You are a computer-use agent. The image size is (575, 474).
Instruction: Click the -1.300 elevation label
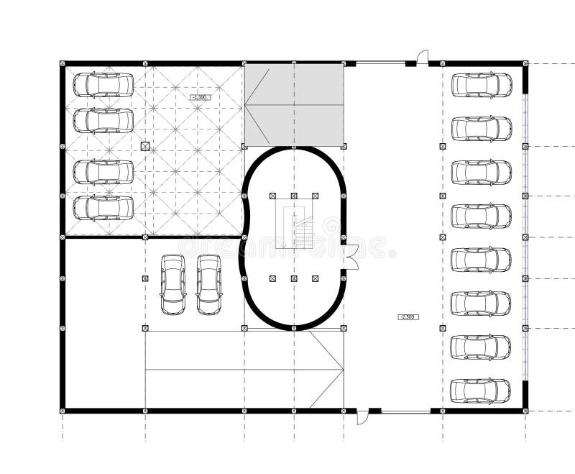[x=200, y=97]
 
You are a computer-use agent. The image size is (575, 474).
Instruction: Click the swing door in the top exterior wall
[x=423, y=58]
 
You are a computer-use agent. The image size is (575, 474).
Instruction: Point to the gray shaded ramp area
[x=294, y=105]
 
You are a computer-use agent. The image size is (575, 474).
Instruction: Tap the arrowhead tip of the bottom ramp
[x=341, y=370]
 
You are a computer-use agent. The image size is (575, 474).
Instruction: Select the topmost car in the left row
[x=103, y=85]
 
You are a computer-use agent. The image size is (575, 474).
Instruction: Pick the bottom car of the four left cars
[x=103, y=208]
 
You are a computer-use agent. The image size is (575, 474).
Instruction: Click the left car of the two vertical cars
[x=172, y=284]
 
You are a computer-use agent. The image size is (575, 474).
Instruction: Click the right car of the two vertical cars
[x=209, y=284]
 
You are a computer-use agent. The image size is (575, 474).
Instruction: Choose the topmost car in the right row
[x=482, y=85]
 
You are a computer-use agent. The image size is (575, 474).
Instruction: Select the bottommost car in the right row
[x=481, y=391]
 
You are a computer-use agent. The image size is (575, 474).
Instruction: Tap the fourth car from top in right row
[x=482, y=216]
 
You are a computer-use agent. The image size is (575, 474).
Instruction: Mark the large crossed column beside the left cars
[x=145, y=146]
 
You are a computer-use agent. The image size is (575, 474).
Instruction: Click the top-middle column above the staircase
[x=294, y=196]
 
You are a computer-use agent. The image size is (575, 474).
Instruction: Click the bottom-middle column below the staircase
[x=294, y=278]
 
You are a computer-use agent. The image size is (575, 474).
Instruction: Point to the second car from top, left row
[x=103, y=121]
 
